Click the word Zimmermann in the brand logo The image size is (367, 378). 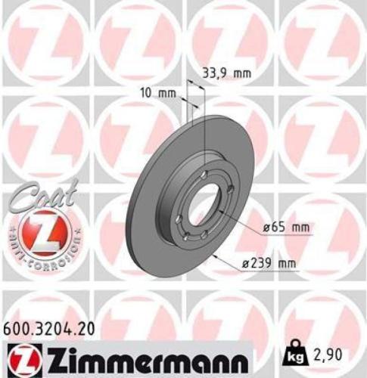coord(140,355)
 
